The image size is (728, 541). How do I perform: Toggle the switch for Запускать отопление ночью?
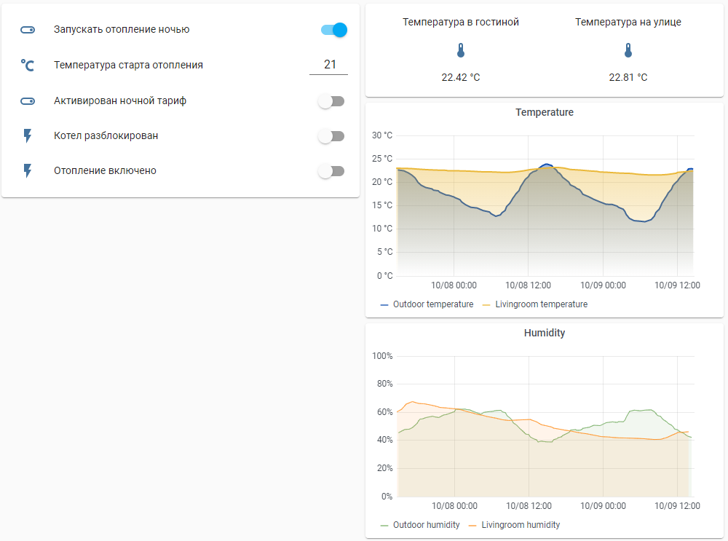coord(333,30)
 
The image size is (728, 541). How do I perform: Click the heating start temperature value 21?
coord(329,65)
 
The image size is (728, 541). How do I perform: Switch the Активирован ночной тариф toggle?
coord(331,101)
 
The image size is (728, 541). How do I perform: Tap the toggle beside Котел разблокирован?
coord(331,136)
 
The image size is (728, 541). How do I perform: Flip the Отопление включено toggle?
coord(331,171)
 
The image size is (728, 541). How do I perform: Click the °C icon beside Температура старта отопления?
coord(28,66)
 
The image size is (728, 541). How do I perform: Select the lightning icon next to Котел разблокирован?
coord(28,135)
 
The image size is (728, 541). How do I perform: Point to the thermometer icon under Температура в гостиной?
coord(460,51)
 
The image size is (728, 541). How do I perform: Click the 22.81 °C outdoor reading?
coord(628,77)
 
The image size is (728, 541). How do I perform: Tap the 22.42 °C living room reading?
coord(460,77)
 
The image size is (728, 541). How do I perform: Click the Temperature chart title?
coord(544,113)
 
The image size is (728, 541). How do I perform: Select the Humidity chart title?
coord(544,333)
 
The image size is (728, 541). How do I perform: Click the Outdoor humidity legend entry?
coord(426,525)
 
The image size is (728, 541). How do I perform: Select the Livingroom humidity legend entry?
coord(520,525)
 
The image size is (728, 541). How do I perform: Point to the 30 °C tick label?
coord(382,135)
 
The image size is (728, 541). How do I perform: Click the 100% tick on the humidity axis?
coord(382,356)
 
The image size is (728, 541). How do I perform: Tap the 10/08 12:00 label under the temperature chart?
coord(528,285)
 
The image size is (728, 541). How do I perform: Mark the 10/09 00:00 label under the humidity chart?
coord(603,506)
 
